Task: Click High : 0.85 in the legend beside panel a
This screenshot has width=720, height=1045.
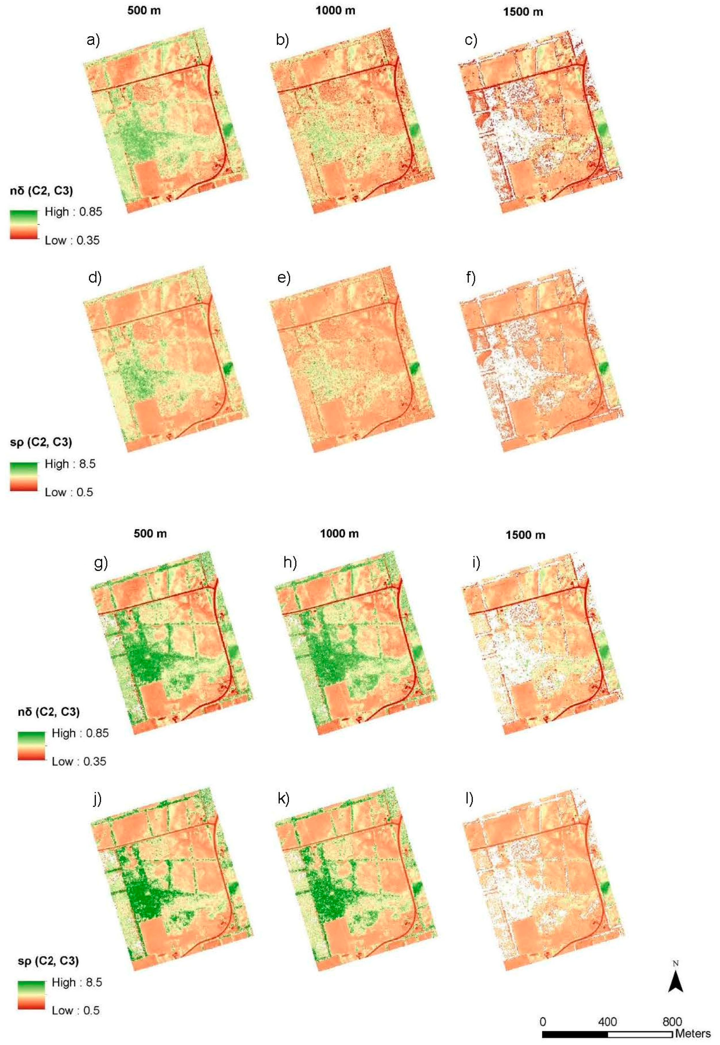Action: (x=73, y=212)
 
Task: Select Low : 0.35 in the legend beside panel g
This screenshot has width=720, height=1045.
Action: (x=79, y=761)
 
